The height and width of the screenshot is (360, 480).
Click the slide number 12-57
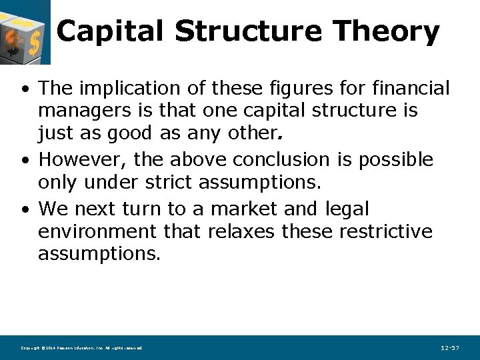450,348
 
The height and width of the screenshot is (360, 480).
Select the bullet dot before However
24,161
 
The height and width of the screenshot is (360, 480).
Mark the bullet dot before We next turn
24,210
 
